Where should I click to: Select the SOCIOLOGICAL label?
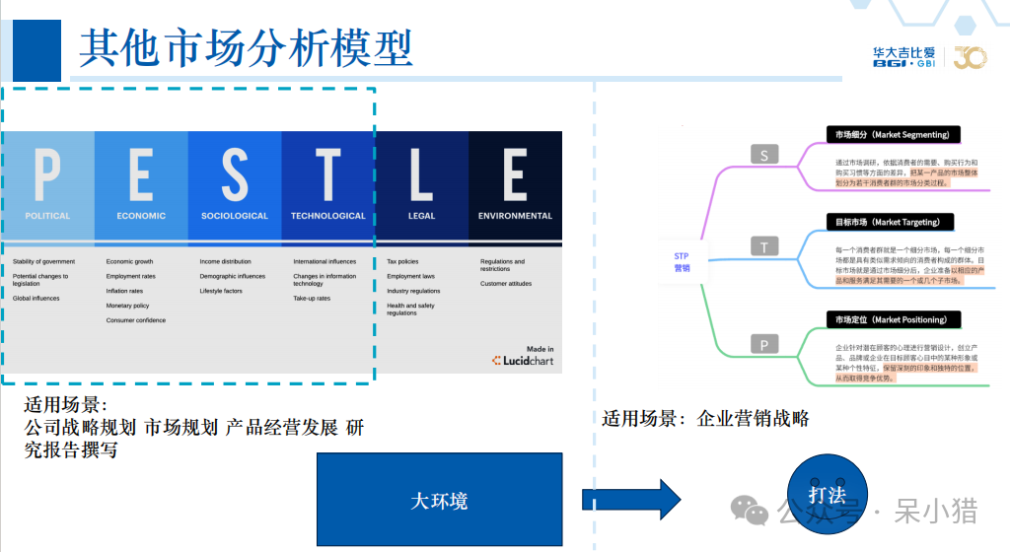(x=235, y=216)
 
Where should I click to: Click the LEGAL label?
(x=421, y=216)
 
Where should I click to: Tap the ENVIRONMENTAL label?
(x=515, y=216)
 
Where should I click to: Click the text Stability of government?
(x=44, y=262)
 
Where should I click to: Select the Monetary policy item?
(x=127, y=306)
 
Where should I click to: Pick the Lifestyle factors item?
(x=221, y=291)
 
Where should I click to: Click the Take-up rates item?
(x=312, y=299)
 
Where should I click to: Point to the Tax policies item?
(x=402, y=262)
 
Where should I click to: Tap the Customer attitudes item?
(x=506, y=284)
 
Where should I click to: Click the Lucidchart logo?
(x=523, y=361)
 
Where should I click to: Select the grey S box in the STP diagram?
(x=764, y=154)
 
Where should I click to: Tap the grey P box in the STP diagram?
(x=764, y=344)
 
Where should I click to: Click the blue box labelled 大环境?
(x=439, y=500)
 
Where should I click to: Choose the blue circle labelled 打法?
(x=826, y=494)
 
